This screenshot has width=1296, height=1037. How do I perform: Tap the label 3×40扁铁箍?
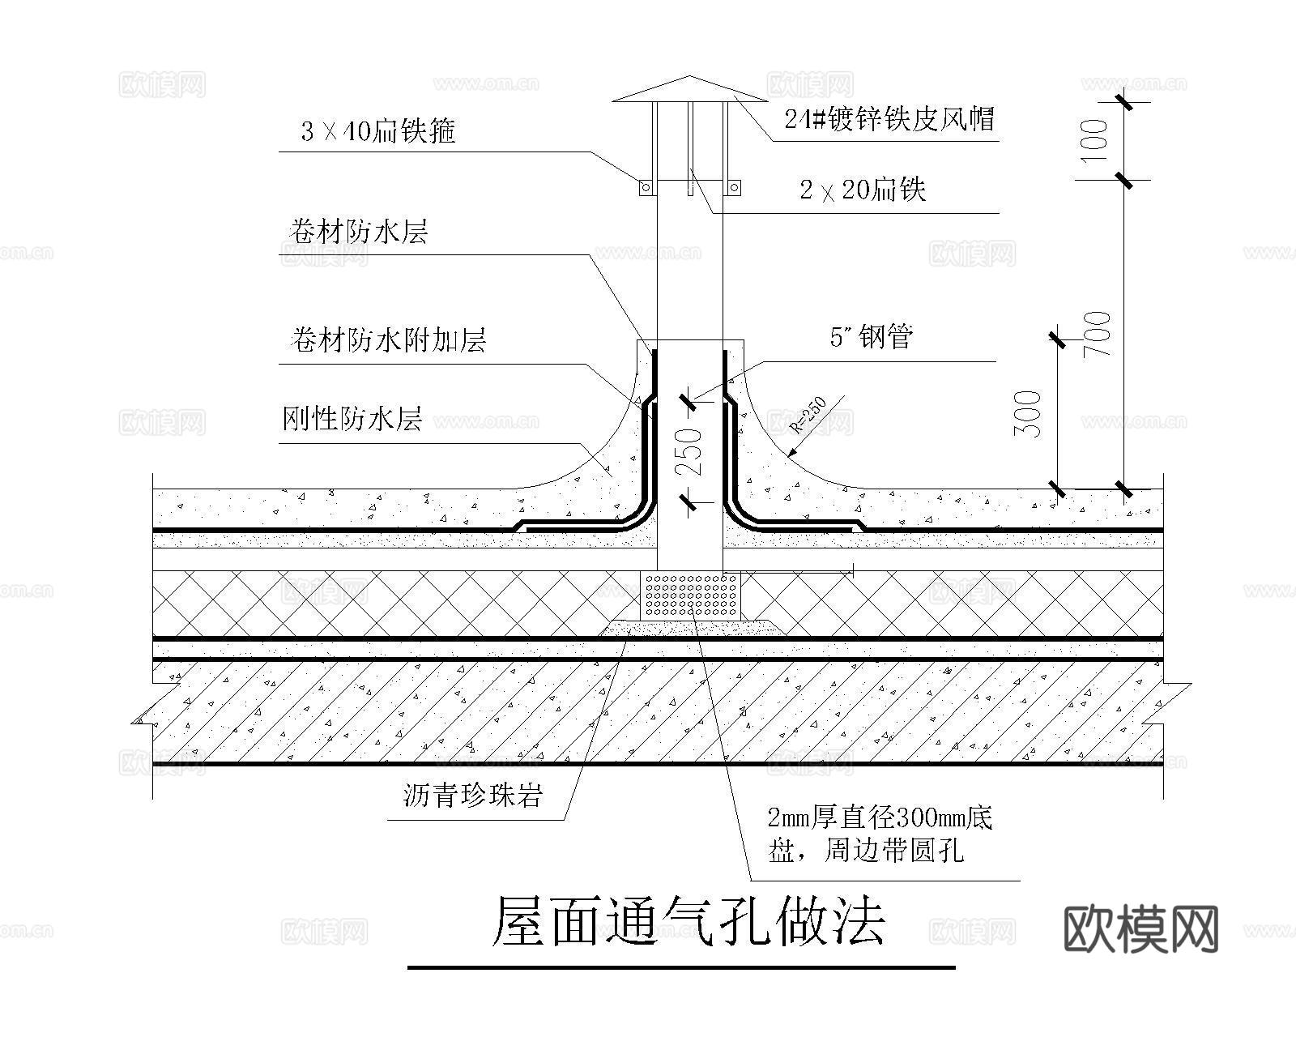click(377, 130)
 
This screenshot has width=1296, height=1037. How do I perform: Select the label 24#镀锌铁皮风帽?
click(889, 119)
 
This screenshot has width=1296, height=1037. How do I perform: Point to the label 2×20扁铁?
click(863, 190)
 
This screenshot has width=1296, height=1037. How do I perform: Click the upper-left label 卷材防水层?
click(357, 233)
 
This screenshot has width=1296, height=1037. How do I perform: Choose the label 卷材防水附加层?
click(387, 340)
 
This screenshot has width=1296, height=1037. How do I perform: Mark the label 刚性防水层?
click(352, 419)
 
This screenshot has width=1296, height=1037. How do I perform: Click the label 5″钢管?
click(872, 336)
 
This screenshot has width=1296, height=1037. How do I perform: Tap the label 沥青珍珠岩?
click(471, 796)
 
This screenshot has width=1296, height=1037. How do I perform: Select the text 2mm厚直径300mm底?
click(880, 817)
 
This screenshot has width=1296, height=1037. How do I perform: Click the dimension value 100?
click(1095, 140)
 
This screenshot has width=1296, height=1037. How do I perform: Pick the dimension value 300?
click(1028, 414)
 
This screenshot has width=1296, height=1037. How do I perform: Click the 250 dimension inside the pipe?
click(688, 452)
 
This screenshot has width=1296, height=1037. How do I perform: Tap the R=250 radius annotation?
click(809, 414)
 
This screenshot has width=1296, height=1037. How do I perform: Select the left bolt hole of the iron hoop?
click(646, 188)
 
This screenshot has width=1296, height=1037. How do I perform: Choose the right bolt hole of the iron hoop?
click(734, 188)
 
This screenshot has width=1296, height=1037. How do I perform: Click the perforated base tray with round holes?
click(690, 595)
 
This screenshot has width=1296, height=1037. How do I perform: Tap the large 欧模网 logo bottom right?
click(1140, 929)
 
